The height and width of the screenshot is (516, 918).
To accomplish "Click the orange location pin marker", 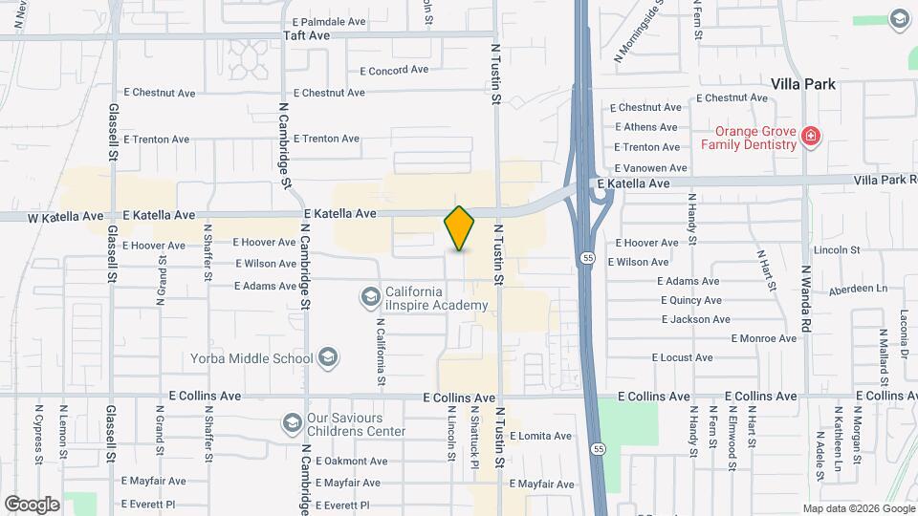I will [x=460, y=228].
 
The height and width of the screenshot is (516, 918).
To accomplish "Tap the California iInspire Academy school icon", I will [x=370, y=298].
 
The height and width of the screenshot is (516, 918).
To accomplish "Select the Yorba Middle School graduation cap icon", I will [x=328, y=358].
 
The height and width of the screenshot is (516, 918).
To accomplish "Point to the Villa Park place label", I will [x=803, y=84].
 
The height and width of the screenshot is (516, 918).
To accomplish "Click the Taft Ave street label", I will [x=306, y=35].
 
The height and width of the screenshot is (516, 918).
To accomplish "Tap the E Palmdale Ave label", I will [x=329, y=20].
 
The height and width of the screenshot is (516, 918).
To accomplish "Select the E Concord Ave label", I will [x=394, y=70].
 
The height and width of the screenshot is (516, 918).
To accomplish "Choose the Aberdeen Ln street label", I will [x=858, y=288].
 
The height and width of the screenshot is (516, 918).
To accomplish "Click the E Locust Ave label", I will [x=682, y=357].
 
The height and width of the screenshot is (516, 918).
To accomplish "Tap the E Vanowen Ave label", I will [x=651, y=167].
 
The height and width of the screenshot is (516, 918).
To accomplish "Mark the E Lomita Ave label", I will [x=540, y=436].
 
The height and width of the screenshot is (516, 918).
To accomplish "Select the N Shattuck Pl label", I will [x=473, y=437].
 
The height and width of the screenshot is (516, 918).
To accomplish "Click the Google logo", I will [x=32, y=504].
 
